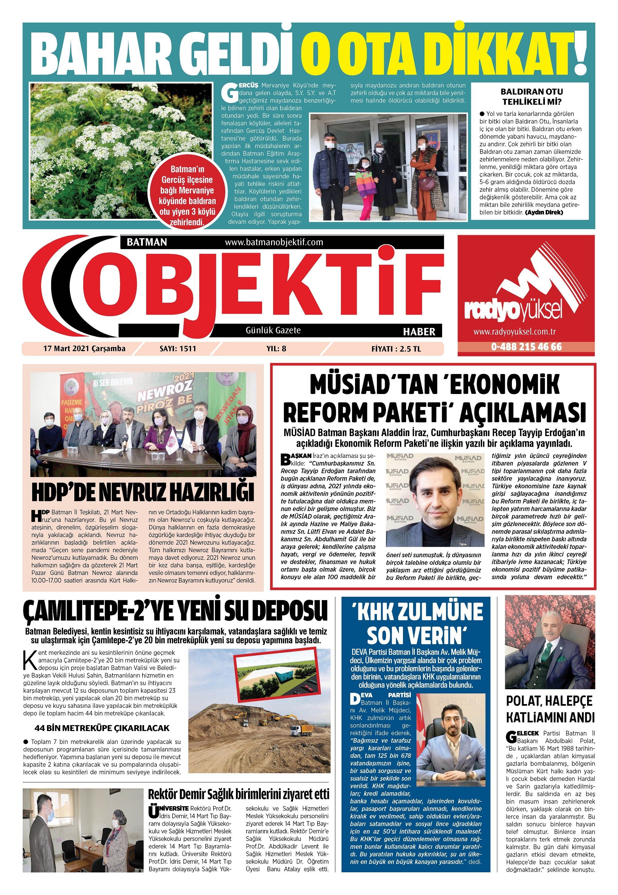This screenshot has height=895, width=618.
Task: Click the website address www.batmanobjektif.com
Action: tap(274, 242)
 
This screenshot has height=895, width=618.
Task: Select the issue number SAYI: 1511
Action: tap(178, 348)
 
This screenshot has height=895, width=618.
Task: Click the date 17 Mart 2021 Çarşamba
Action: tap(84, 348)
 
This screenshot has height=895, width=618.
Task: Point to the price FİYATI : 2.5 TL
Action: tap(396, 349)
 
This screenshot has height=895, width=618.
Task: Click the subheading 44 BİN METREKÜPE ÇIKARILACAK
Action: tap(102, 728)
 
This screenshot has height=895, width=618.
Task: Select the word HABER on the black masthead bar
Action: tap(419, 332)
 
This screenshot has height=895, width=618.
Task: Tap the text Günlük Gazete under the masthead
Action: tap(273, 330)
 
